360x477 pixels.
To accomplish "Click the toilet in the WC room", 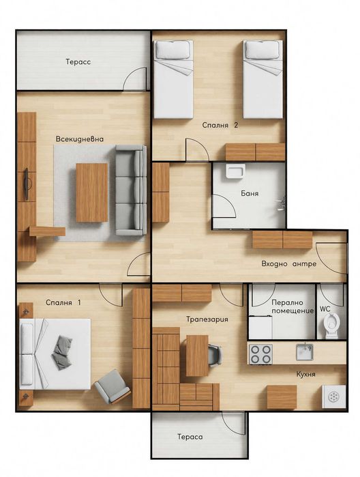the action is (332, 326).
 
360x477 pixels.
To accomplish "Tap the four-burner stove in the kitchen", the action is (260, 354).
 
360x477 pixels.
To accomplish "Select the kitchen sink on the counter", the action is (305, 351).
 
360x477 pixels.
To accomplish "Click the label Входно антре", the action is (289, 264).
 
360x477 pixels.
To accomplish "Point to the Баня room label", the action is (250, 193).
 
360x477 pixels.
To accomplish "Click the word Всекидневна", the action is (80, 139).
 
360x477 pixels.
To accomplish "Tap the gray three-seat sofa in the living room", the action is (131, 190).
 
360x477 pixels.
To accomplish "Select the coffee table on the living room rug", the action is (92, 192).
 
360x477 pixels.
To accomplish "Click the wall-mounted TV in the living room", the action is (27, 184).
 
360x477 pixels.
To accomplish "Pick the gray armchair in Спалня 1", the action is (112, 386).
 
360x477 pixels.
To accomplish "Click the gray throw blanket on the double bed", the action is (62, 352).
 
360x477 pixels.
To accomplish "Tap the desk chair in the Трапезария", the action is (215, 355).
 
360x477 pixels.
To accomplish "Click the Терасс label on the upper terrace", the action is (78, 61).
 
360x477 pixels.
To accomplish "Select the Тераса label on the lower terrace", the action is (190, 437).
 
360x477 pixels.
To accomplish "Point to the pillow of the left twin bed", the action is (172, 50).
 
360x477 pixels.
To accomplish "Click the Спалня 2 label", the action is (220, 125).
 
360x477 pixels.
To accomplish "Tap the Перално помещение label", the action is (292, 306).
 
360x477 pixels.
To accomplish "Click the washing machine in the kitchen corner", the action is (334, 396).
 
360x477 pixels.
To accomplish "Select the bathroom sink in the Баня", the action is (235, 171).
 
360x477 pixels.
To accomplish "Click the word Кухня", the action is (305, 374).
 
